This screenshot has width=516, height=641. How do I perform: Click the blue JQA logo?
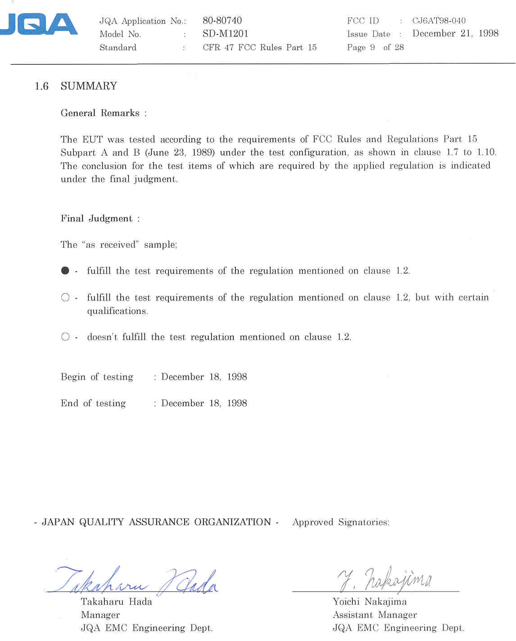[x=40, y=25]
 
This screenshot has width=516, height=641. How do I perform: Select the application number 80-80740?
[x=222, y=21]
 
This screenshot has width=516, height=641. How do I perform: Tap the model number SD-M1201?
[x=225, y=34]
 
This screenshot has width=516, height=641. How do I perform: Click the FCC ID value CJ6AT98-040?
[x=439, y=21]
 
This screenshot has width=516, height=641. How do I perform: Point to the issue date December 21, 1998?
[x=455, y=34]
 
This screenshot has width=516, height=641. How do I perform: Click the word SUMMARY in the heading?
[x=89, y=86]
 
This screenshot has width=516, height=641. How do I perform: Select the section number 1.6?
[x=41, y=86]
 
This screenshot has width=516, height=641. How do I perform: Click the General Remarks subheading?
[x=100, y=113]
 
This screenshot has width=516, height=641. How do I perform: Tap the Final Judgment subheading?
[x=97, y=219]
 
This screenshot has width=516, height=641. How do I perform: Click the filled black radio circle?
[x=65, y=271]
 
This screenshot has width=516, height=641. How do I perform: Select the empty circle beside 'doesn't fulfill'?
[x=65, y=337]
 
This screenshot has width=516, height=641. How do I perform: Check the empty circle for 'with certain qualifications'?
[x=65, y=297]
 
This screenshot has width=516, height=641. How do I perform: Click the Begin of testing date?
[x=204, y=377]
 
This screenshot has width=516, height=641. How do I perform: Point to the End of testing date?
[x=204, y=403]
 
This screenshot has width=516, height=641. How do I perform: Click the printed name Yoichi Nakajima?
[x=369, y=602]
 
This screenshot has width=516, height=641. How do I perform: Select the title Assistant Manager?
[x=375, y=615]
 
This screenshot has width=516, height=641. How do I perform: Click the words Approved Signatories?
[x=341, y=522]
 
